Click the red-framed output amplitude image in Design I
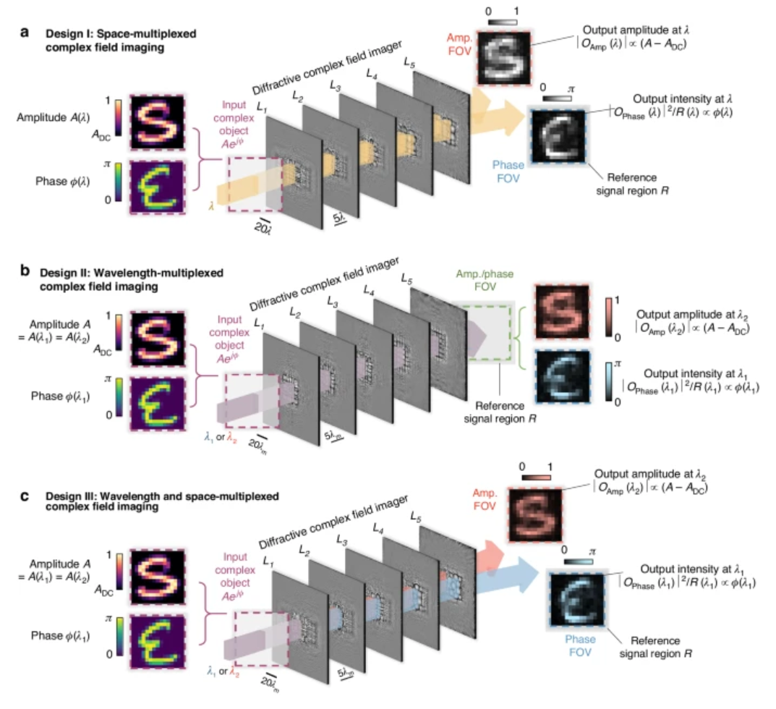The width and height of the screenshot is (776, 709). click(x=503, y=59)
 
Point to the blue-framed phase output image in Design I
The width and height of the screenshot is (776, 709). click(x=558, y=135)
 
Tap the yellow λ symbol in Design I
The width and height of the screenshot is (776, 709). click(x=210, y=206)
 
